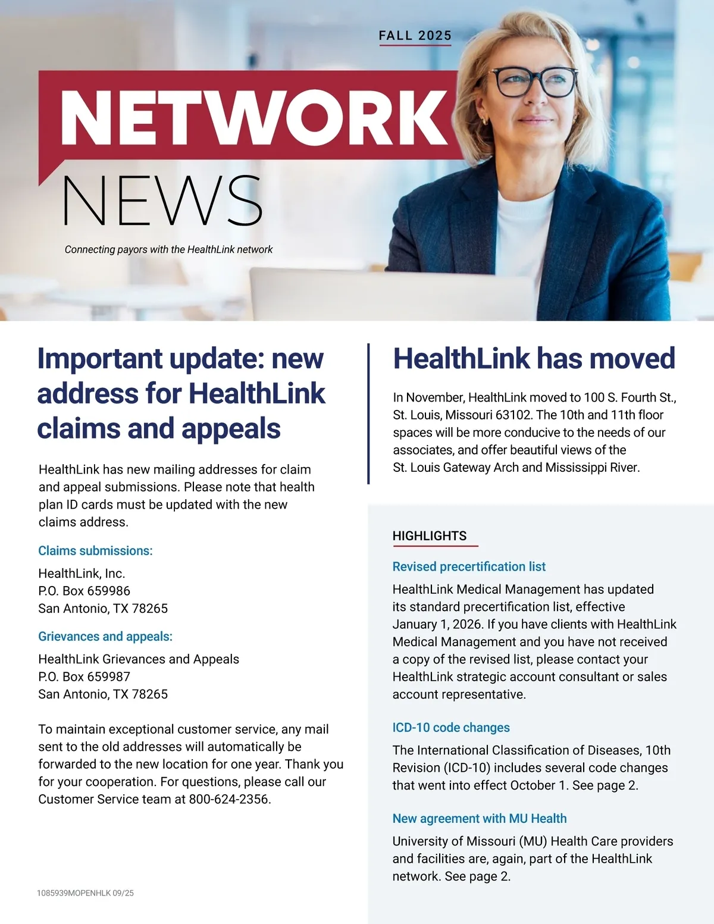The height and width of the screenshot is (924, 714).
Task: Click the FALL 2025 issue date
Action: point(415,36)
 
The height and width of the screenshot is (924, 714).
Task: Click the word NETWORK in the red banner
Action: point(254,117)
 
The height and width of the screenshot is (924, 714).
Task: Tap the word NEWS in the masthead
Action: point(162,201)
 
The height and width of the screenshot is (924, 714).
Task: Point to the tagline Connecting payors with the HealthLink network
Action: point(168,250)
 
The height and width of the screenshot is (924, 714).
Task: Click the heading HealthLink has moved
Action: point(534,359)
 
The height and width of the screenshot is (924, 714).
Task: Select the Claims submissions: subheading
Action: point(95,551)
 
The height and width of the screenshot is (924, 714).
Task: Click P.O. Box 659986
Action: point(84,591)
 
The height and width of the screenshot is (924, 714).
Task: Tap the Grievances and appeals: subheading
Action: point(105,637)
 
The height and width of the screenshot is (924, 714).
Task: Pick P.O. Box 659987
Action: point(84,676)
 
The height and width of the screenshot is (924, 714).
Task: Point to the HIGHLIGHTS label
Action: point(430,536)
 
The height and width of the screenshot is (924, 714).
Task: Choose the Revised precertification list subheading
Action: point(469,567)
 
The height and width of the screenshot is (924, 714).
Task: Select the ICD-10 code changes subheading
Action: point(451,728)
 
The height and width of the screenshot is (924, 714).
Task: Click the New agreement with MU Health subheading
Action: point(479,819)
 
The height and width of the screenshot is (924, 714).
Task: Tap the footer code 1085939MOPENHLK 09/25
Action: point(85,893)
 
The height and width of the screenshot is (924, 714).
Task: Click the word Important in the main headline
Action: point(100,359)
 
